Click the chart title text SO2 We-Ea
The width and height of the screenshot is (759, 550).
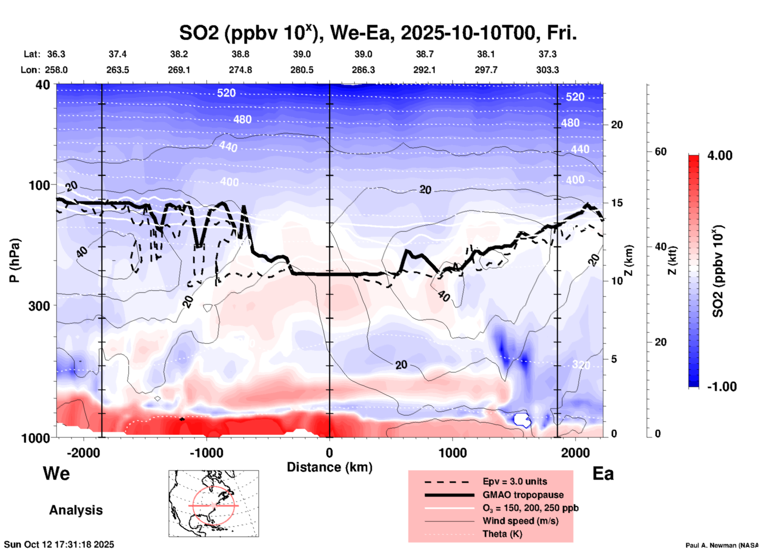[378, 33]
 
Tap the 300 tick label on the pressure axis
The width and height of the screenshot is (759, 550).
[39, 305]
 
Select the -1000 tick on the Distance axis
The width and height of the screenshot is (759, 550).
[206, 453]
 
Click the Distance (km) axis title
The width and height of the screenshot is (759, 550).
[329, 467]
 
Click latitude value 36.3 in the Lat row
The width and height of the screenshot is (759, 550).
[56, 54]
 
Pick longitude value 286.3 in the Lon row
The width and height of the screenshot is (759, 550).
[363, 70]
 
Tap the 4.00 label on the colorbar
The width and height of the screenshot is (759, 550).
[720, 155]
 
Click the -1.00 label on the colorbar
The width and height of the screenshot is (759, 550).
[721, 387]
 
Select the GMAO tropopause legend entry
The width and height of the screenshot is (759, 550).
[523, 495]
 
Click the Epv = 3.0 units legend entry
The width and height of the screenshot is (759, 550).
[515, 482]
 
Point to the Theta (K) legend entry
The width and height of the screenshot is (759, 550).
[502, 534]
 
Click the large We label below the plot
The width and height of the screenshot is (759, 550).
[56, 473]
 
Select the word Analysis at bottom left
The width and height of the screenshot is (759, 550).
[76, 510]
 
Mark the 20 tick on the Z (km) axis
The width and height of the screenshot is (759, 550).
[617, 125]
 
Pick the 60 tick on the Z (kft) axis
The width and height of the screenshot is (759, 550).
[660, 152]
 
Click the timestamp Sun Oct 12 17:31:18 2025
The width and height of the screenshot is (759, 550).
[59, 544]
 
